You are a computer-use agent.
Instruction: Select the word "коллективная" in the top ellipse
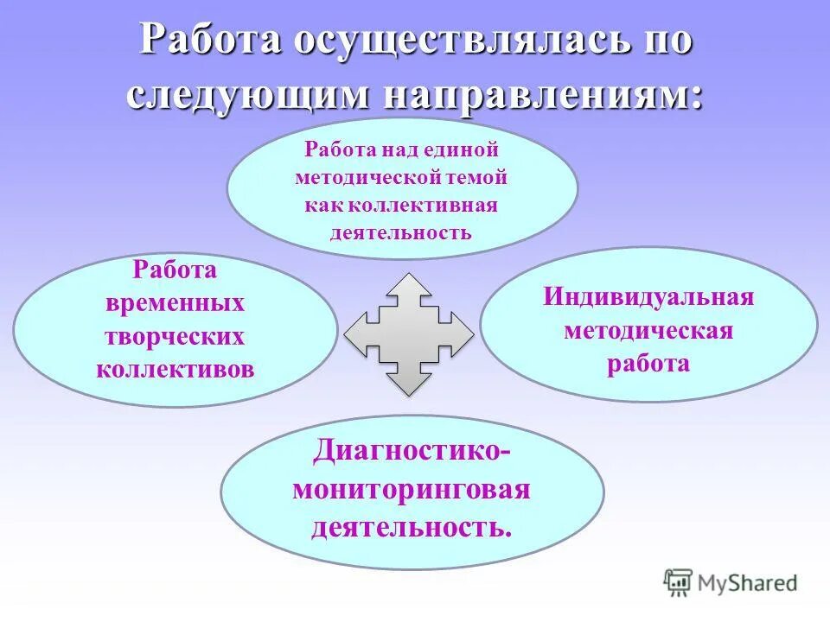[x=439, y=205]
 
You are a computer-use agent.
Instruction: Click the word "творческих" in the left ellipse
[x=176, y=337]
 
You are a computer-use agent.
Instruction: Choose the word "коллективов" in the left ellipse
[x=176, y=370]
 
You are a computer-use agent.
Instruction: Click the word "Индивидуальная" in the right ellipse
[x=648, y=298]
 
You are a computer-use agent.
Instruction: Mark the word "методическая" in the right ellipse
[x=648, y=331]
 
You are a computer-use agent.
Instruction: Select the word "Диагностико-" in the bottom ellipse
[x=412, y=451]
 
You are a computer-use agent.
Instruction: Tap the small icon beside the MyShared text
[x=679, y=582]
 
